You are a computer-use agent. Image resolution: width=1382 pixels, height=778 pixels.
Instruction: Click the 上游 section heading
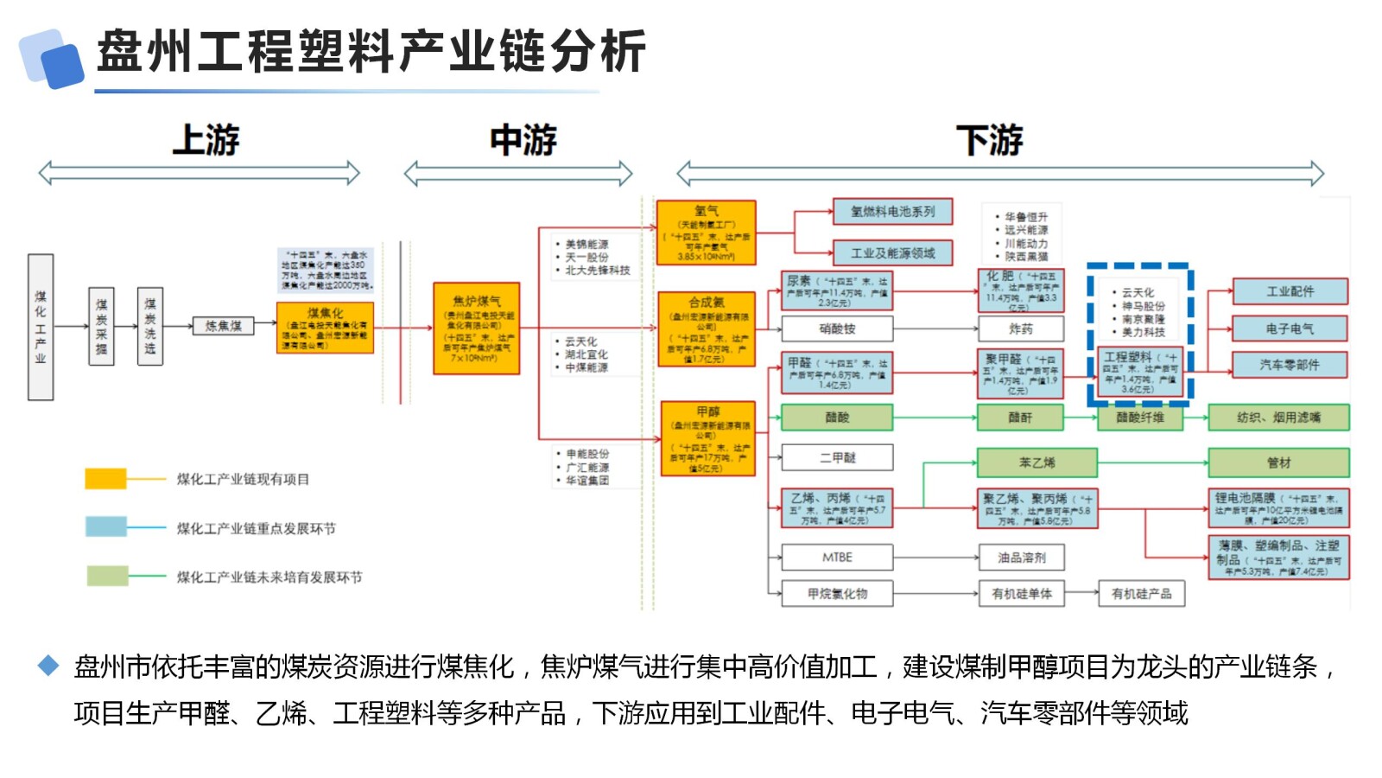pos(206,140)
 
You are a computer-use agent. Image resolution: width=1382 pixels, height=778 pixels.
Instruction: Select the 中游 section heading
pos(523,140)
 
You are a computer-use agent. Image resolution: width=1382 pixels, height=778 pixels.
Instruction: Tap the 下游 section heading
pos(989,140)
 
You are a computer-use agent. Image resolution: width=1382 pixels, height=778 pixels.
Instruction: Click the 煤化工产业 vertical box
pos(41,327)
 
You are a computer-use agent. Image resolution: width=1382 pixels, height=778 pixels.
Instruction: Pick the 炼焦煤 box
pos(223,326)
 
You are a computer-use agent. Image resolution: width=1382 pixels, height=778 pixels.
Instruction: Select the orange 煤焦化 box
pos(325,328)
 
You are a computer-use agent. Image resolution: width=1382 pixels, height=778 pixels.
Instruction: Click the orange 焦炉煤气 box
pos(476,328)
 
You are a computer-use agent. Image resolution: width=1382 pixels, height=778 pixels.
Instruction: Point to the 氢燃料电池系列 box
pos(892,212)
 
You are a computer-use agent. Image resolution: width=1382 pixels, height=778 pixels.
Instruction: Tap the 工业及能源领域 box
pos(892,253)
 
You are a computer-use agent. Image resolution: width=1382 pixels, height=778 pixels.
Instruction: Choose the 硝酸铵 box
pos(837,329)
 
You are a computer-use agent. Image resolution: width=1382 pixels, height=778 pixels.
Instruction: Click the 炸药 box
pos(1020,329)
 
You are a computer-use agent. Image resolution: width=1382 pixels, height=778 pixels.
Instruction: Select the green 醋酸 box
pos(837,418)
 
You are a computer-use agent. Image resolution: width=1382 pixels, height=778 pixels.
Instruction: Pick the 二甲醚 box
pos(837,458)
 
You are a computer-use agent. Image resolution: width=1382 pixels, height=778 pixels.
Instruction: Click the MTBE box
pos(837,558)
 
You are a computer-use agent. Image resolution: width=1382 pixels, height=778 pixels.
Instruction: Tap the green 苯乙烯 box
pos(1036,462)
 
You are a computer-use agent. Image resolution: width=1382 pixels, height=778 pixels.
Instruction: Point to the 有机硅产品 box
pos(1141,594)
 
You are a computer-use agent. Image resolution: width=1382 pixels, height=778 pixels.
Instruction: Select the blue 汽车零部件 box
pos(1289,366)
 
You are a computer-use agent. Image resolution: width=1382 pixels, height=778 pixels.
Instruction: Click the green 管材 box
pos(1278,462)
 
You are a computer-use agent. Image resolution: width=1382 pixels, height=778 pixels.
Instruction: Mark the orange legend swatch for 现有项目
pos(105,479)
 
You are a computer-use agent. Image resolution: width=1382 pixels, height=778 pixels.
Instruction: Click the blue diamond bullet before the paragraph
pos(48,665)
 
